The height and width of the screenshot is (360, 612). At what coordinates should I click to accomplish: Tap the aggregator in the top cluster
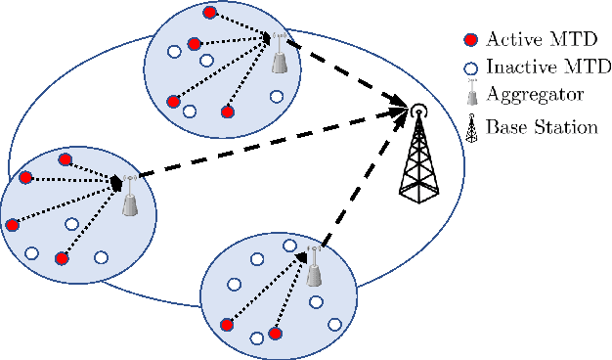[280, 58]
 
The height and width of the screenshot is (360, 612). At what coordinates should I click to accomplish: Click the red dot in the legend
[470, 40]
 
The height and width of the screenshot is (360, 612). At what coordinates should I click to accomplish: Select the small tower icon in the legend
[470, 127]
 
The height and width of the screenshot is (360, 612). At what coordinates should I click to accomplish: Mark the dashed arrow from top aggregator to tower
[347, 74]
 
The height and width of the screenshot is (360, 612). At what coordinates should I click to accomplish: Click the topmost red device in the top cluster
[210, 14]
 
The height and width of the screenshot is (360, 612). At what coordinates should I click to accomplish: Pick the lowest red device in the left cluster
[62, 258]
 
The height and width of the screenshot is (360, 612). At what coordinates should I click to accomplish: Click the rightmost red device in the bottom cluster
[276, 334]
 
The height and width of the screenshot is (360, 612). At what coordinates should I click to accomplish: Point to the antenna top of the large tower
[417, 109]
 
